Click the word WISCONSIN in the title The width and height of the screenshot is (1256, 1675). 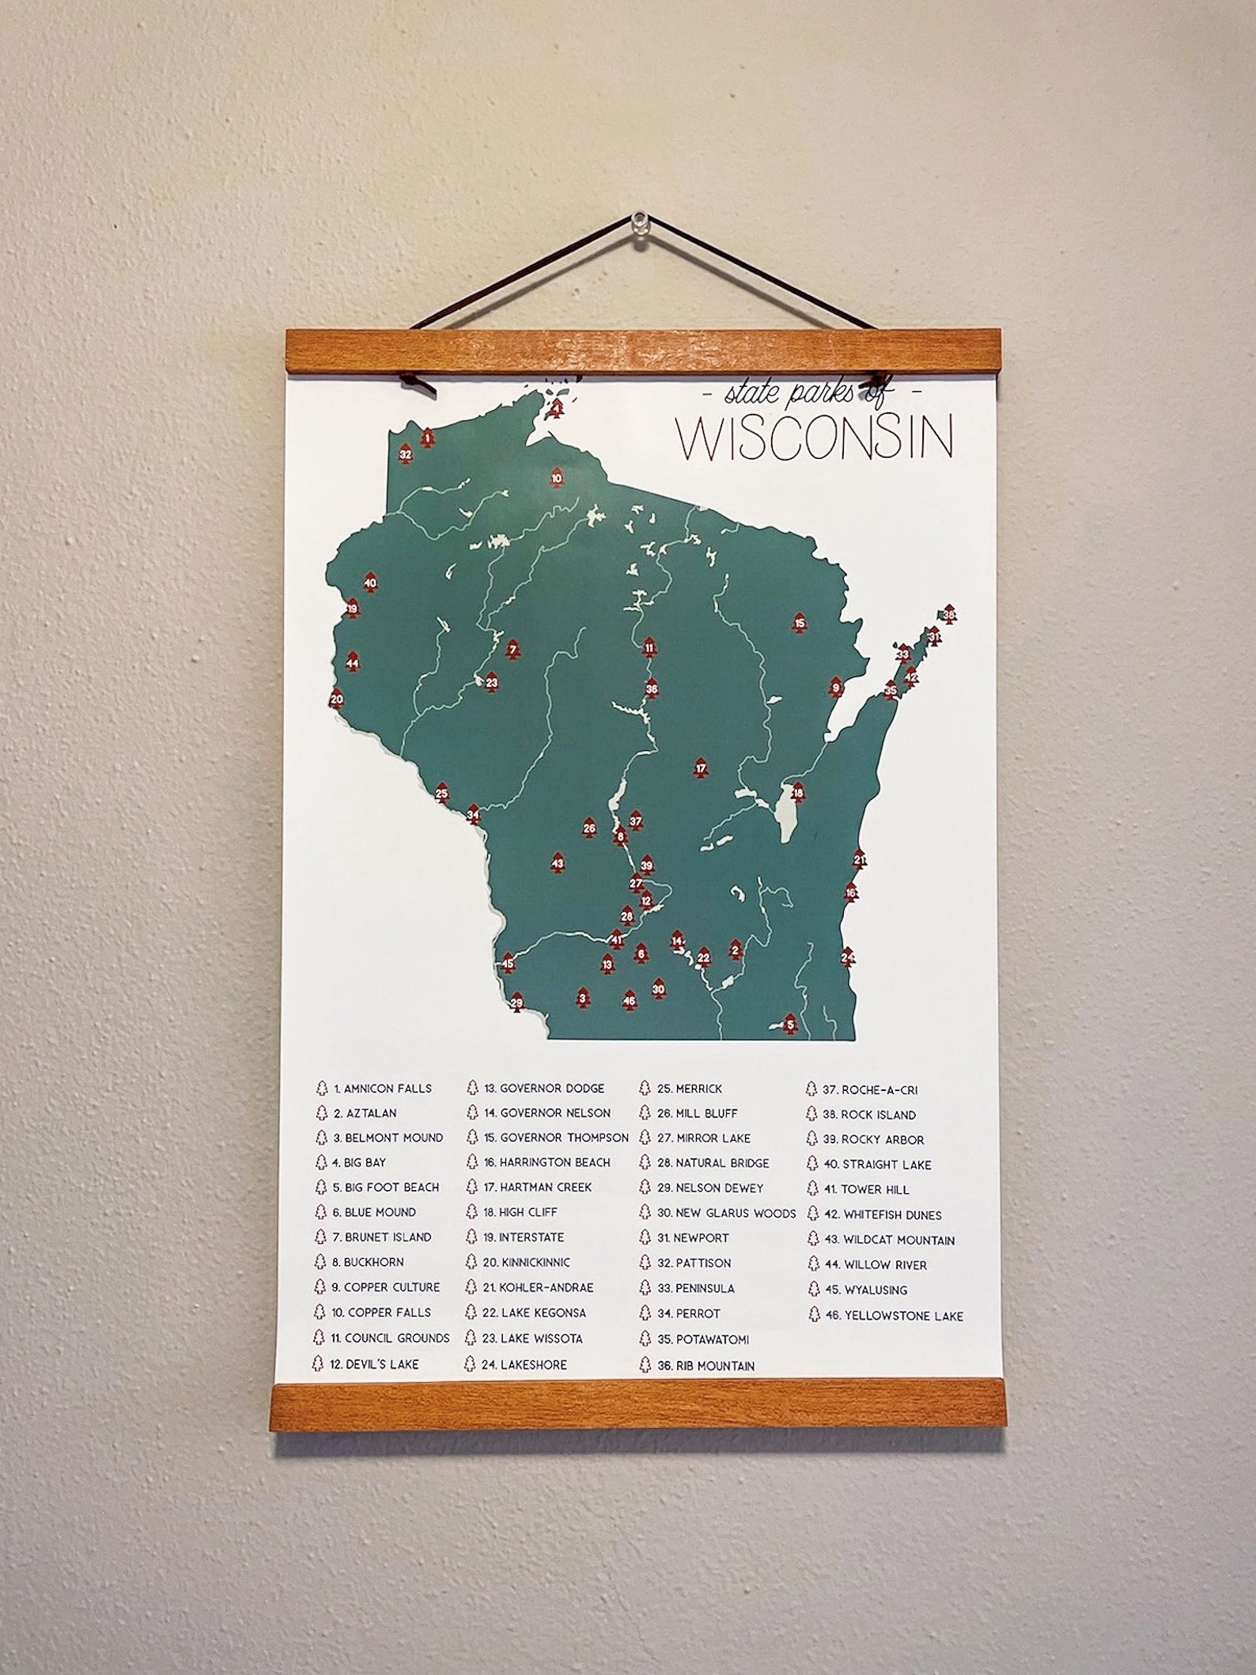[815, 438]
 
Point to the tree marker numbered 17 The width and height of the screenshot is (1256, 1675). [700, 769]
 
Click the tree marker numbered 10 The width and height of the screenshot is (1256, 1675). [557, 479]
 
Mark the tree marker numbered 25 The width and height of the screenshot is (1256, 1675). [442, 794]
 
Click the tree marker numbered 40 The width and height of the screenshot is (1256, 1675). [370, 585]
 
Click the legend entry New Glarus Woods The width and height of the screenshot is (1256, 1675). [726, 1213]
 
